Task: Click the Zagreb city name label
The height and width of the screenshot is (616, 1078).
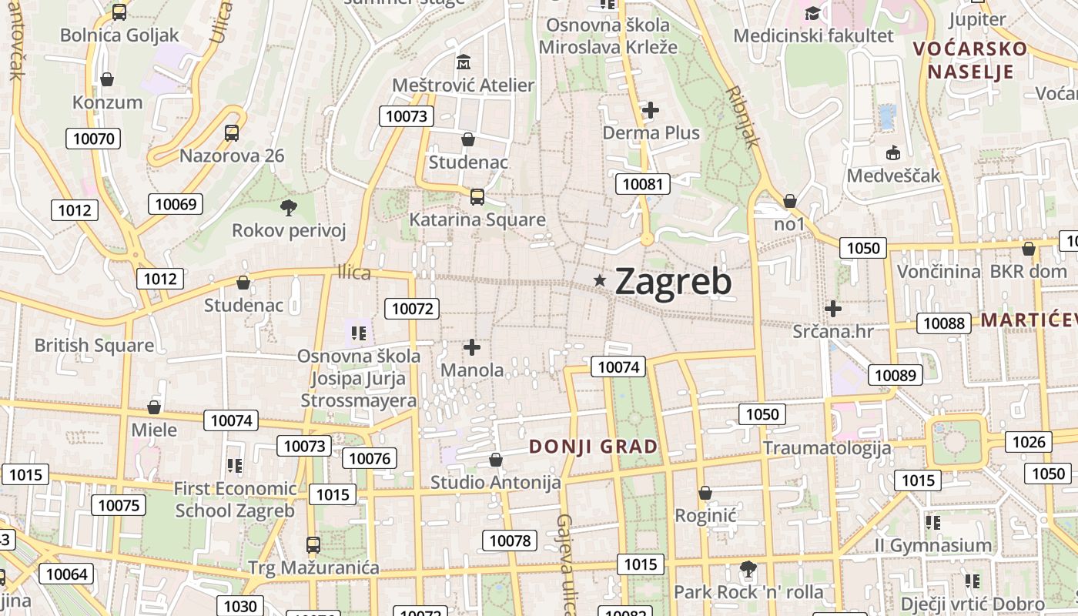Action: [x=673, y=282]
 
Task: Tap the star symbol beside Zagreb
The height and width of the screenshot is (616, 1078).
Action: [x=600, y=281]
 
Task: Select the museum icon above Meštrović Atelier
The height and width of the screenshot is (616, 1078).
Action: [x=464, y=62]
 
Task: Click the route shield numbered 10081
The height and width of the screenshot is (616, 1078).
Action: [x=642, y=184]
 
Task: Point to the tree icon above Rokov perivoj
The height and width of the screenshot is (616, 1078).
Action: [x=289, y=206]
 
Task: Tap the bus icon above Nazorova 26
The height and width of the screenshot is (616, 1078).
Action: [x=232, y=132]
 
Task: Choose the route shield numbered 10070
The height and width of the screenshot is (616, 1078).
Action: [x=93, y=139]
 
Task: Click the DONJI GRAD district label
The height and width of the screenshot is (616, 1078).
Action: [x=594, y=447]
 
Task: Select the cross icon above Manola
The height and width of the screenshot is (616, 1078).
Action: [x=472, y=347]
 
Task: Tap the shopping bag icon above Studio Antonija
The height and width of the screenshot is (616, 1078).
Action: [x=496, y=460]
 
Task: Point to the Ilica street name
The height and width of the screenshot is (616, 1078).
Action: [x=354, y=273]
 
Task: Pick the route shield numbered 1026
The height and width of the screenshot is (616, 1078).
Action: [x=1029, y=442]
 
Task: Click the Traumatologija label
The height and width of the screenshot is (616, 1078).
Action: [x=827, y=448]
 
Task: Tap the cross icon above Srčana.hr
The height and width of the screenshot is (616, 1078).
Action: [x=832, y=309]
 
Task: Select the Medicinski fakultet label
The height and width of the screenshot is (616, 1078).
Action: [x=813, y=35]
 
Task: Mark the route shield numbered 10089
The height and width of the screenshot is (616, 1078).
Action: [x=895, y=376]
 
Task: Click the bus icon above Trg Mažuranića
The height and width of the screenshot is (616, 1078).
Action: [x=313, y=545]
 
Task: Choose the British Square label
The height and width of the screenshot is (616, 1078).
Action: [x=94, y=345]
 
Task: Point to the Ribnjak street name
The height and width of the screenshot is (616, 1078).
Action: [x=743, y=116]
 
